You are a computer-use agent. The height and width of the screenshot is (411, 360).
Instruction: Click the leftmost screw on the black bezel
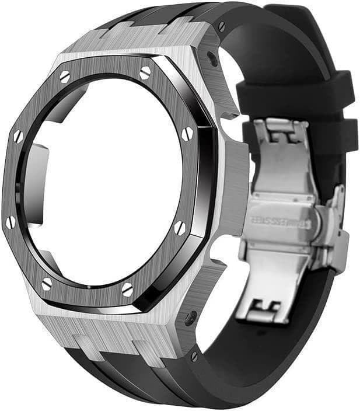[x=11, y=222]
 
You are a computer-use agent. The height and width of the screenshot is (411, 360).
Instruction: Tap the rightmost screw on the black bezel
[x=187, y=134]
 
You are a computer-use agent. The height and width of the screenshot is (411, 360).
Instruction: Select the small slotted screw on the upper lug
[x=221, y=27]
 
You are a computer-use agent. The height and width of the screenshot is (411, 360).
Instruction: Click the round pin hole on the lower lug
[x=192, y=318]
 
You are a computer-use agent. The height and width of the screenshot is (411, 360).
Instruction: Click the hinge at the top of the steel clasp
[x=281, y=132]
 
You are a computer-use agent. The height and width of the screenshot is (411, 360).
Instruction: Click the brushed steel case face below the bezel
[x=117, y=327]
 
